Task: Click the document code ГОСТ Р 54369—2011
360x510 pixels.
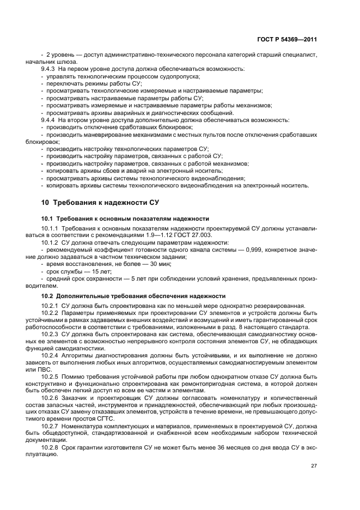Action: pyautogui.click(x=287, y=39)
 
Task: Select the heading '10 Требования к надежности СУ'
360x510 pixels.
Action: pyautogui.click(x=100, y=203)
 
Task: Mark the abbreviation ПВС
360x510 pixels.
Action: pyautogui.click(x=50, y=369)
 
